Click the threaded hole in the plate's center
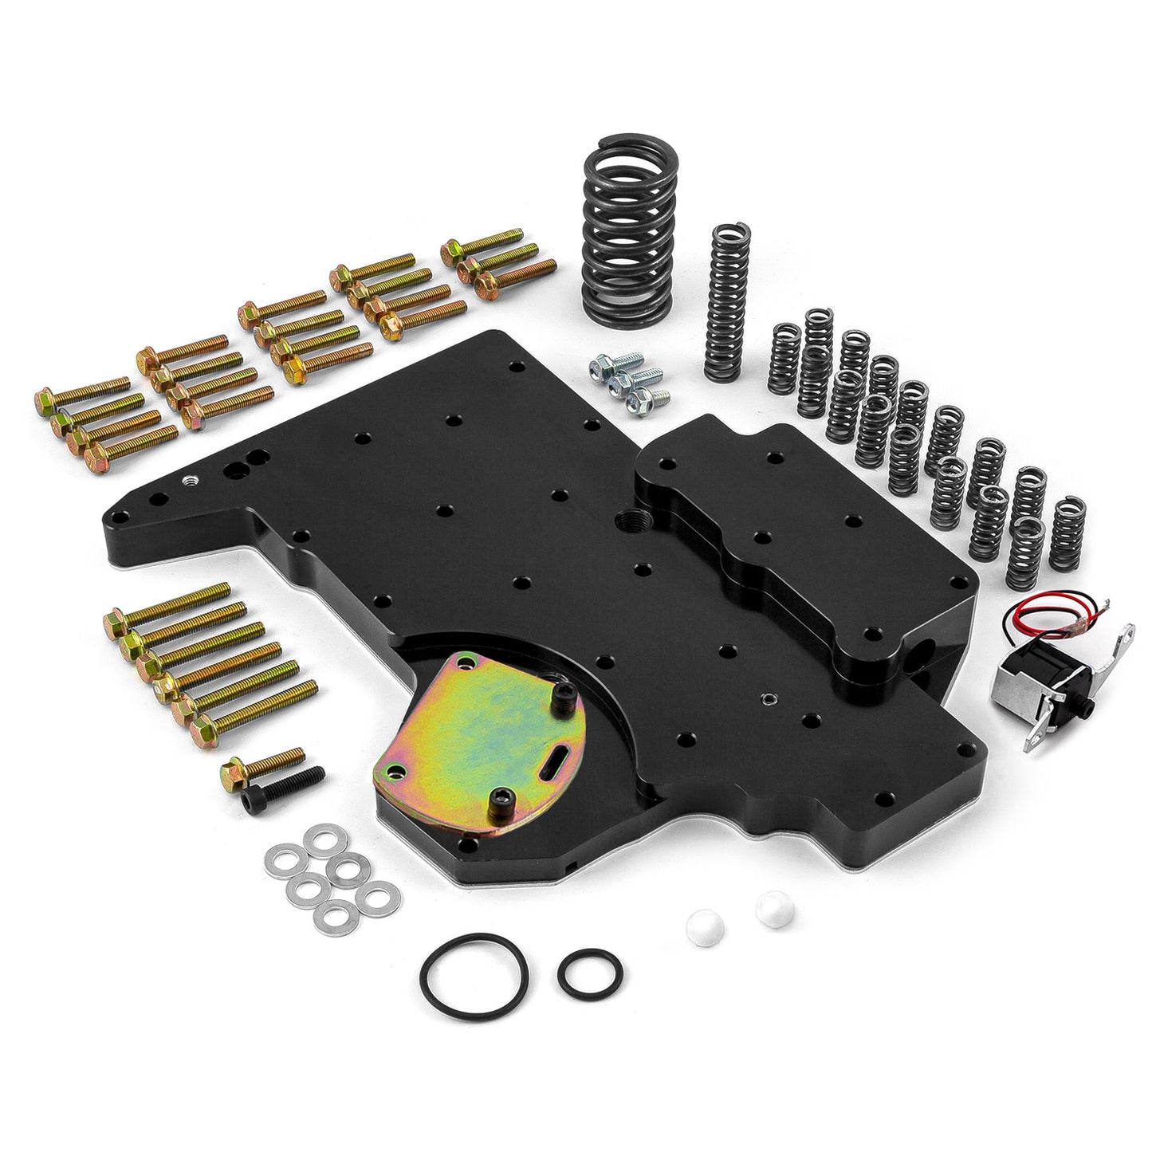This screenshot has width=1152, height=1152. (624, 523)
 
